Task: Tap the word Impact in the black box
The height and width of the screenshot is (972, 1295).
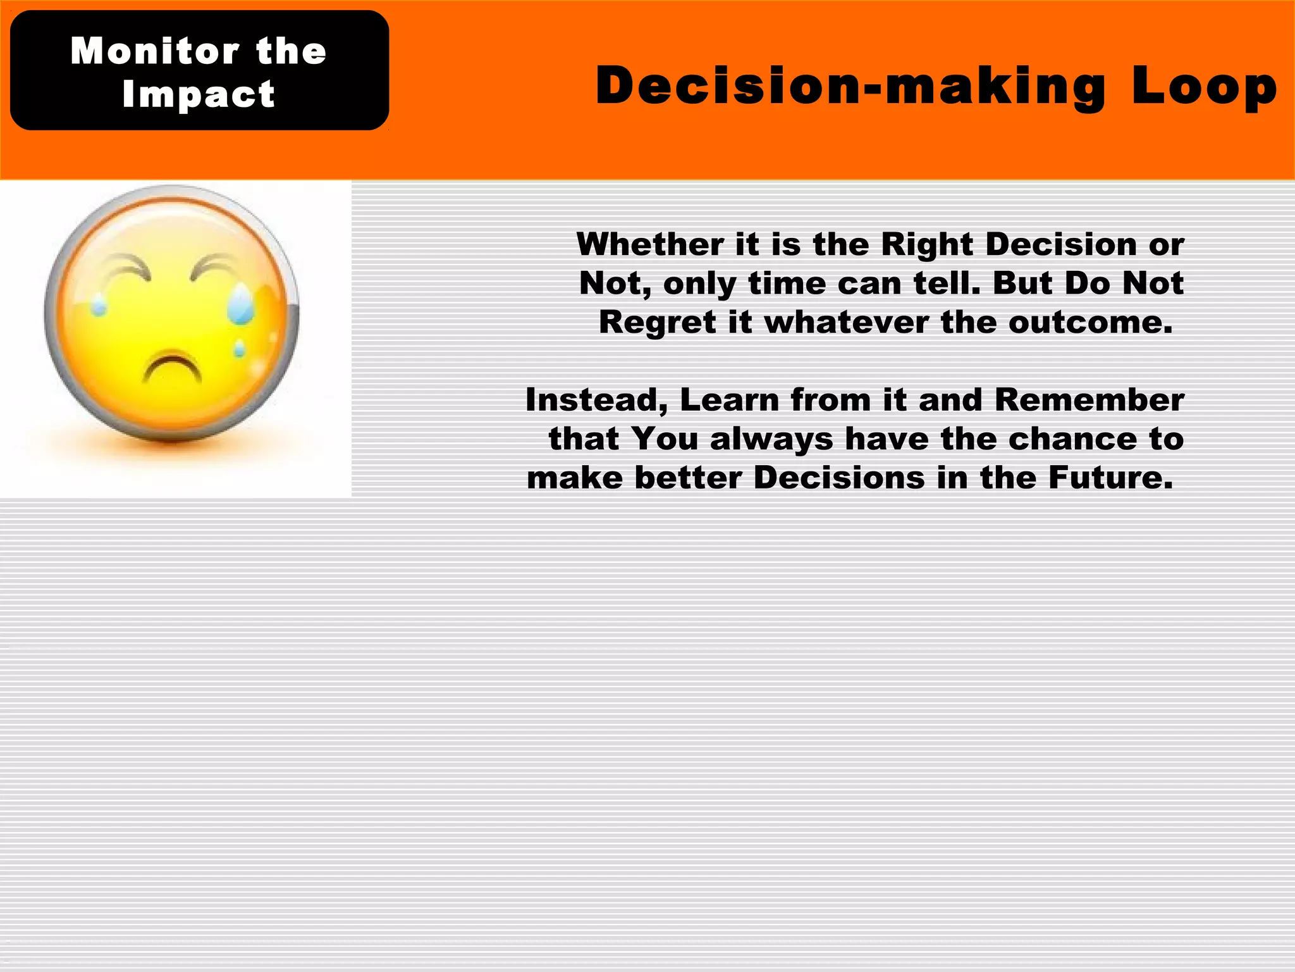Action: point(199,94)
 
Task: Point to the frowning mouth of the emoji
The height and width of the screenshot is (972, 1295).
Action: point(172,369)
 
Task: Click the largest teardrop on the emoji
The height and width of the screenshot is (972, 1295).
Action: point(241,304)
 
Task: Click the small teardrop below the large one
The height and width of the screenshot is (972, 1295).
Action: point(240,349)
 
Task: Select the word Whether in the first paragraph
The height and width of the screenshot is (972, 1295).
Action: point(650,244)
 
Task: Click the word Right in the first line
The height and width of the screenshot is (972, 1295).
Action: point(926,244)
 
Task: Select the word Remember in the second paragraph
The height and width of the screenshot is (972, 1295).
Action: point(1089,400)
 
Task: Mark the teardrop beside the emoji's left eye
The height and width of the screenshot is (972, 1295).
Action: point(99,306)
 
